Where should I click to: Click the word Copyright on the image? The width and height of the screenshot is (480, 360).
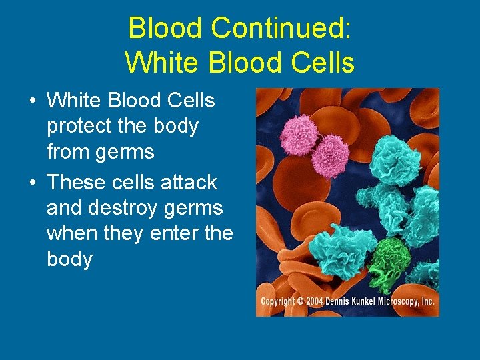click(278, 301)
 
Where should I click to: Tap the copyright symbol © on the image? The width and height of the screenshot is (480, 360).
click(301, 301)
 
